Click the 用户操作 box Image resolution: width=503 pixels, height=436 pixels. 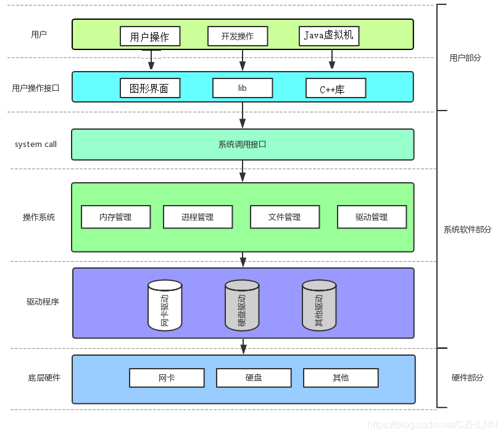pyautogui.click(x=150, y=36)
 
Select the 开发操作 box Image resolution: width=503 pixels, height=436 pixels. pyautogui.click(x=238, y=36)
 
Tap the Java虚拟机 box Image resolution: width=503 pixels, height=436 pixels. pyautogui.click(x=329, y=36)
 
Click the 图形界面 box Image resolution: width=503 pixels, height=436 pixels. pyautogui.click(x=150, y=88)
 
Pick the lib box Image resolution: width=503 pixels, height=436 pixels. pyautogui.click(x=243, y=88)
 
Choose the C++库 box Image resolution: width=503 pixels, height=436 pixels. pyautogui.click(x=336, y=88)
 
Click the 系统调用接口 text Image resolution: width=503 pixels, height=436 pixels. pyautogui.click(x=242, y=145)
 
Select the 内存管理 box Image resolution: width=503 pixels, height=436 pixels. pyautogui.click(x=116, y=217)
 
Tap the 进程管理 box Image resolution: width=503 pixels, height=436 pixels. pyautogui.click(x=198, y=217)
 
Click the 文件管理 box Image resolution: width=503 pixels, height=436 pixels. pyautogui.click(x=285, y=217)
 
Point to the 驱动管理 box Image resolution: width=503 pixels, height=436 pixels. pyautogui.click(x=372, y=217)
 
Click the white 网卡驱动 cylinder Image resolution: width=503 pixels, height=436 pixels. pyautogui.click(x=165, y=305)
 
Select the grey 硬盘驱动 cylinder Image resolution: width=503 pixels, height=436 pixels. pyautogui.click(x=242, y=305)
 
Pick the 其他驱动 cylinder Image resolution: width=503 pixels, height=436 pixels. pyautogui.click(x=319, y=305)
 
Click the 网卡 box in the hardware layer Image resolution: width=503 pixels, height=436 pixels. pyautogui.click(x=167, y=378)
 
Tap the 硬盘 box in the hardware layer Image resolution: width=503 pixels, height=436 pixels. pyautogui.click(x=254, y=378)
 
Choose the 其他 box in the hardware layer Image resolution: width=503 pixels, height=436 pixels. pyautogui.click(x=341, y=378)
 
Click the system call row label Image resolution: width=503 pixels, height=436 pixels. pyautogui.click(x=36, y=145)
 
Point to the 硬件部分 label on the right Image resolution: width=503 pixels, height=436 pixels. pyautogui.click(x=467, y=377)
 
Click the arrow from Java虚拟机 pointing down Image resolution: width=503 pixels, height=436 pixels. pyautogui.click(x=332, y=59)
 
